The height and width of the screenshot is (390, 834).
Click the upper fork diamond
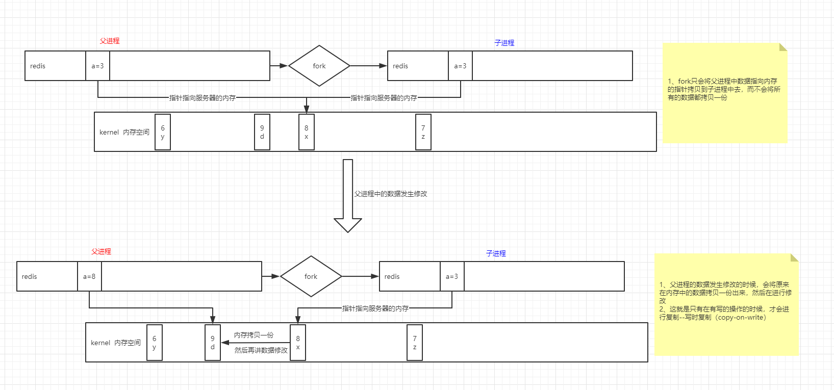[319, 66]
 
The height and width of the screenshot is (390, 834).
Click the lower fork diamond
[311, 276]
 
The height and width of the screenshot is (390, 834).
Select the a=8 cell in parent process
[89, 276]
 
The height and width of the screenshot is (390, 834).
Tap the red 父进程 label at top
[110, 41]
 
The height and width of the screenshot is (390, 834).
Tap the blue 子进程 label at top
[504, 43]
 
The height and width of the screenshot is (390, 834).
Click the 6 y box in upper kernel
[163, 132]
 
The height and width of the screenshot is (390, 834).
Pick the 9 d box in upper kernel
[262, 132]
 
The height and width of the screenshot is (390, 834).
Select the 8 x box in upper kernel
[306, 132]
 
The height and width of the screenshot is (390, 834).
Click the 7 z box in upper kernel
[423, 132]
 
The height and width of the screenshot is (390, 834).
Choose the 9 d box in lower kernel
[213, 343]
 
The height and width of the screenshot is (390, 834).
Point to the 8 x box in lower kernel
[298, 343]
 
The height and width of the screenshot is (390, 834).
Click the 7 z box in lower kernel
[415, 343]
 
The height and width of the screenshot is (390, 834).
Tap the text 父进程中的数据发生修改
[391, 194]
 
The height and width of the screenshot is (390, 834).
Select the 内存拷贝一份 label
[254, 335]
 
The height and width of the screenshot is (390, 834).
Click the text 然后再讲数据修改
[261, 350]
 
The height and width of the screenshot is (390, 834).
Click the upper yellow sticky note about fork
[724, 93]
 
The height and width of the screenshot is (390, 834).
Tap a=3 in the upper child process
[460, 66]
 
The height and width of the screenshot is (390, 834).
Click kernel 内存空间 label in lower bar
[116, 343]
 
